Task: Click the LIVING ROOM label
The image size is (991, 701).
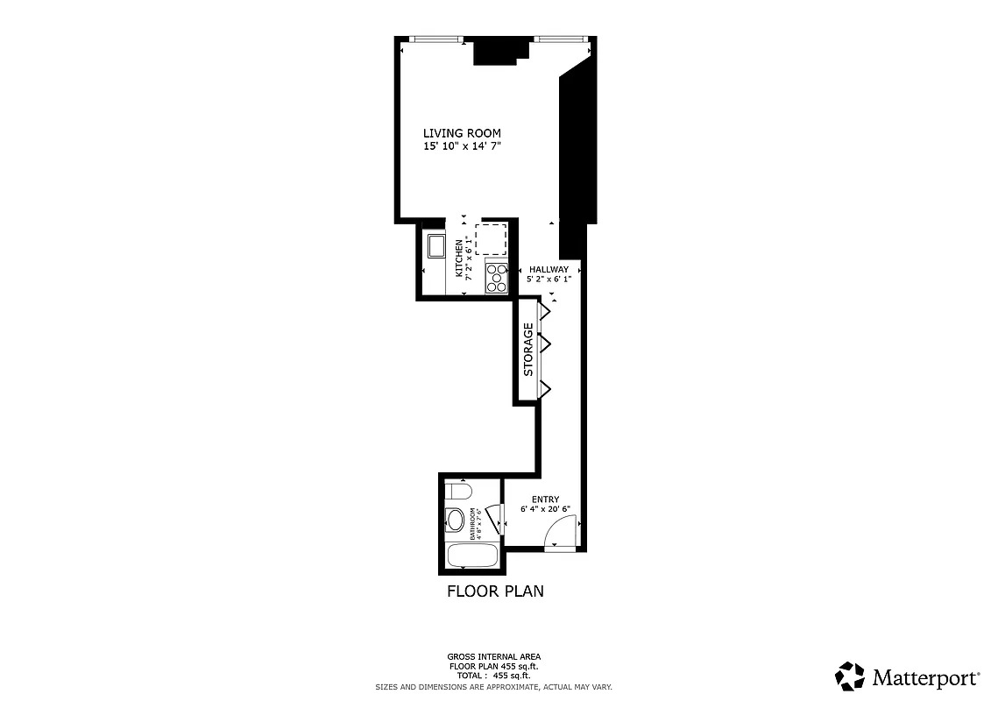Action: click(463, 133)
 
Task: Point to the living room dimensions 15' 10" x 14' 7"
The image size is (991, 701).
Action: click(463, 146)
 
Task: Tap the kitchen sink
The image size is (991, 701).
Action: click(435, 246)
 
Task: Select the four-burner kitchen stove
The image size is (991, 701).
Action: click(497, 277)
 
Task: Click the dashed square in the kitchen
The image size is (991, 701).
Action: click(492, 238)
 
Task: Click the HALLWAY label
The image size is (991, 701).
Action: click(549, 269)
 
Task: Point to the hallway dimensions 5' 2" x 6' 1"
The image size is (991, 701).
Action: click(549, 279)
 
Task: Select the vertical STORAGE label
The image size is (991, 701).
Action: click(528, 350)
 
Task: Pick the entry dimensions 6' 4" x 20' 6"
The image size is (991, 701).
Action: click(545, 509)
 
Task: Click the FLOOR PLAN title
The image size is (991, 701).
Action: click(495, 591)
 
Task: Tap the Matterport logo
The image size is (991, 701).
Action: click(908, 676)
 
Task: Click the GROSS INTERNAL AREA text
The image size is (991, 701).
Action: click(494, 656)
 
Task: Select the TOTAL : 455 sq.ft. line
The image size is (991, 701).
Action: click(494, 676)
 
